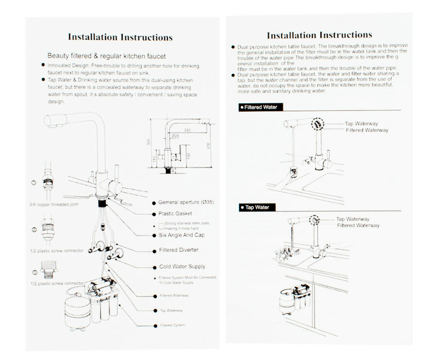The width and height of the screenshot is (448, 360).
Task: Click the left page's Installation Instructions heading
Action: point(120,37)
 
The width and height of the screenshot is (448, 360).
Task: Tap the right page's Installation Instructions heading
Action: point(319,35)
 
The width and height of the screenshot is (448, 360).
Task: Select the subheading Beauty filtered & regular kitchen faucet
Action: point(106,56)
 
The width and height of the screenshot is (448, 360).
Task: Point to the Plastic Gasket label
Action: point(175,213)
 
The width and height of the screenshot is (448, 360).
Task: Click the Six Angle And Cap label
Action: point(182,235)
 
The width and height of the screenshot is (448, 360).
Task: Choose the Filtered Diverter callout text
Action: point(179,250)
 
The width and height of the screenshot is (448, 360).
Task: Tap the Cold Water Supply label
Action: point(182,267)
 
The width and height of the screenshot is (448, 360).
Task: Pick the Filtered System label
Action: point(172,325)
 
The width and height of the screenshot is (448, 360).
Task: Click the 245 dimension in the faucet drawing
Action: point(187,130)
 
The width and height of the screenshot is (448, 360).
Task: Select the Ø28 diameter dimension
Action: point(175,137)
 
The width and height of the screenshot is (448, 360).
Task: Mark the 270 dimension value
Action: point(207,146)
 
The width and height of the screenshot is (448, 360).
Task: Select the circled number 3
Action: point(34,272)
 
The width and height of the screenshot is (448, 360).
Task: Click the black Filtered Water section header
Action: point(260,107)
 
